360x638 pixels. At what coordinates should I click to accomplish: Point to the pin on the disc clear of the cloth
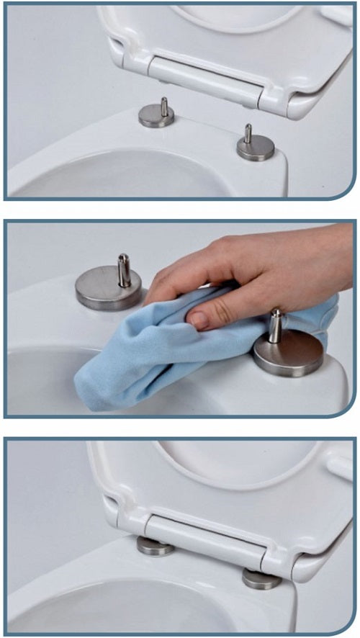pyautogui.click(x=124, y=269)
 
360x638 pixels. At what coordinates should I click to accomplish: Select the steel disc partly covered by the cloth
pyautogui.click(x=289, y=355)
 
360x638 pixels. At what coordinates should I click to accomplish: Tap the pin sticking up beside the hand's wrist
pyautogui.click(x=276, y=325)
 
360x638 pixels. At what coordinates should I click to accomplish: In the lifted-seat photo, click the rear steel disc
pyautogui.click(x=156, y=117)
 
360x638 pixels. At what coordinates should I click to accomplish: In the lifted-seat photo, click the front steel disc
pyautogui.click(x=256, y=149)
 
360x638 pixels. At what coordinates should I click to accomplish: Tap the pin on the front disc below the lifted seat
pyautogui.click(x=248, y=134)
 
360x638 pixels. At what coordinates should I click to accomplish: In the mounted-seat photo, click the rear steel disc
pyautogui.click(x=156, y=547)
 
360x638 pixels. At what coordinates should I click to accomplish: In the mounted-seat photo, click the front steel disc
pyautogui.click(x=261, y=578)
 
